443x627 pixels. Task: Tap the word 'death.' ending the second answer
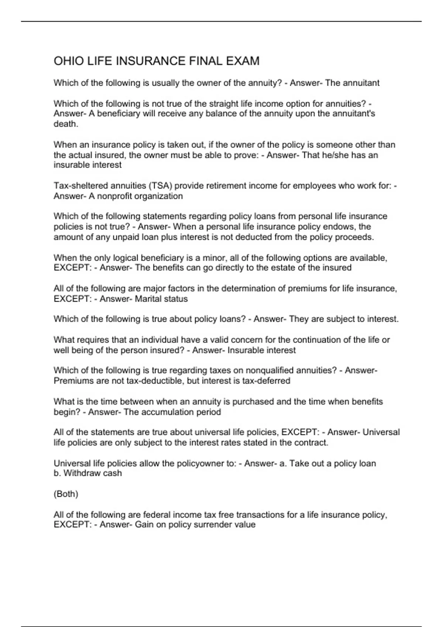pyautogui.click(x=66, y=124)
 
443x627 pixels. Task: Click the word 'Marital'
pyautogui.click(x=148, y=299)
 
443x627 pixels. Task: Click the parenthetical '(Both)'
pyautogui.click(x=66, y=494)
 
